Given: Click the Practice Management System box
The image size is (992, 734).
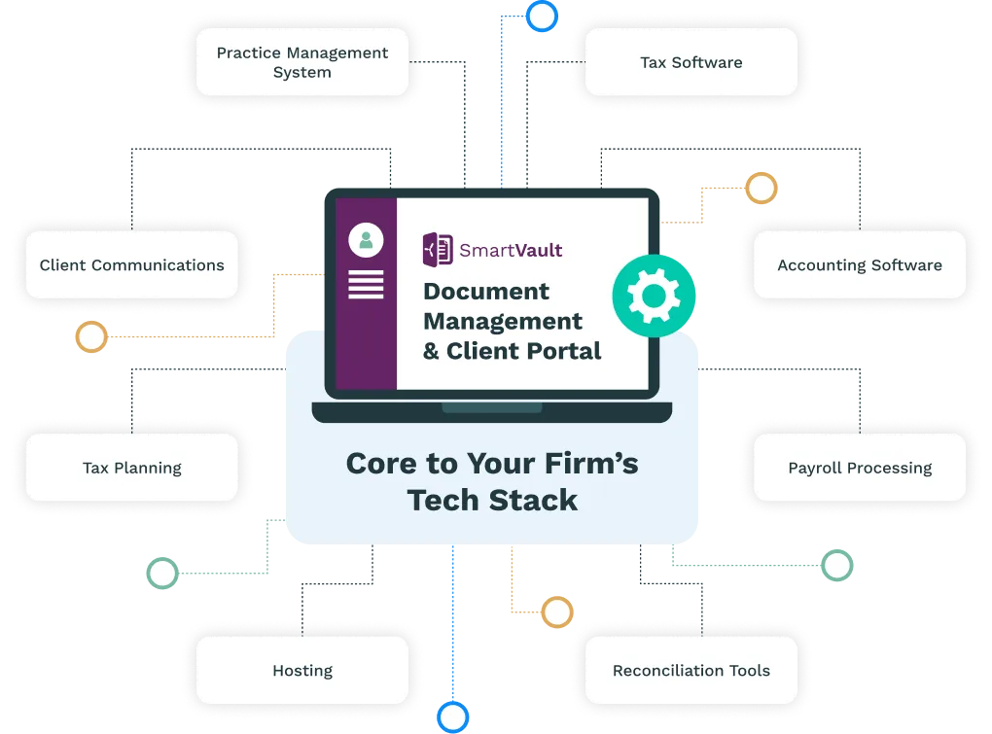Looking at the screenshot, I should tap(302, 62).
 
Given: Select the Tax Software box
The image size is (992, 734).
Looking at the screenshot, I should tap(691, 62).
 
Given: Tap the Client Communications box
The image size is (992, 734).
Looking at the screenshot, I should tap(131, 264).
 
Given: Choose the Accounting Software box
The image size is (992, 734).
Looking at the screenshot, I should tap(860, 264).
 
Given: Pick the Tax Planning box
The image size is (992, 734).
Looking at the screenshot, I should tap(131, 468).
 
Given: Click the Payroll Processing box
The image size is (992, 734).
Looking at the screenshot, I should tap(860, 468).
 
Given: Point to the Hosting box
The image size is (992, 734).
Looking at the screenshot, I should tap(302, 671).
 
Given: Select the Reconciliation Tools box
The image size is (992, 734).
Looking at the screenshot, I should tap(691, 671).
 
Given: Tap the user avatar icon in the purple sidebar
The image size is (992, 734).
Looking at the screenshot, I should tap(366, 240).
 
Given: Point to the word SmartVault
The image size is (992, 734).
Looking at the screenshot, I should tap(512, 250).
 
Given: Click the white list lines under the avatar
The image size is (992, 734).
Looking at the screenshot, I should tap(366, 284).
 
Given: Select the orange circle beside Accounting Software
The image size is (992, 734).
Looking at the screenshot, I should tap(761, 189).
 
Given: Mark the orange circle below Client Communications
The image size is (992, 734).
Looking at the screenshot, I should tap(91, 337).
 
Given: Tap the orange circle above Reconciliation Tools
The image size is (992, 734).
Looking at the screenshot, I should tap(556, 612).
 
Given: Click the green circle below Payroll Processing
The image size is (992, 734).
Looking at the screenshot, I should tap(836, 565).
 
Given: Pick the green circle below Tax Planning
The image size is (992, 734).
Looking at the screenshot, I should tap(161, 573).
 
